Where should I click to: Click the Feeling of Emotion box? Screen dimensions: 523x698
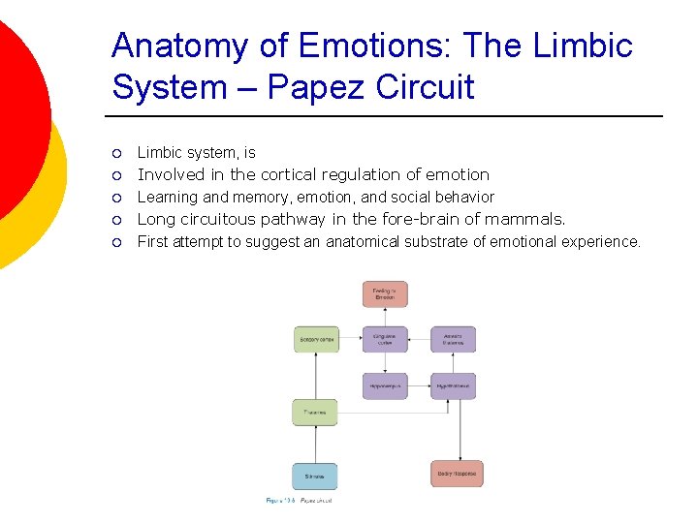pos(385,294)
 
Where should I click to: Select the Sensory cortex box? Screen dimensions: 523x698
pos(316,339)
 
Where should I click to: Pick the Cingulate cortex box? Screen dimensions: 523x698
pos(385,339)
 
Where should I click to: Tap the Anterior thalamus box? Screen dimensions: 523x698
pos(453,339)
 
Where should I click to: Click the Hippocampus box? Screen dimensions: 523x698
pos(385,385)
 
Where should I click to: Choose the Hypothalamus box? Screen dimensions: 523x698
pos(453,385)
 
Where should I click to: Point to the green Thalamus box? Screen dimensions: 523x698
pos(315,413)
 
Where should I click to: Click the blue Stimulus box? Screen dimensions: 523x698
pos(315,476)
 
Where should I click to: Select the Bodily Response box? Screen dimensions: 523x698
pos(457,474)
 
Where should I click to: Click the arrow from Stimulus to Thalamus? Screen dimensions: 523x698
pos(315,445)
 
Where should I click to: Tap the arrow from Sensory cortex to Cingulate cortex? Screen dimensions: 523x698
pos(350,339)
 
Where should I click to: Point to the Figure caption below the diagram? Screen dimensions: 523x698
pos(299,501)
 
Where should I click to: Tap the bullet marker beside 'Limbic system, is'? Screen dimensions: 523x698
pos(115,153)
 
